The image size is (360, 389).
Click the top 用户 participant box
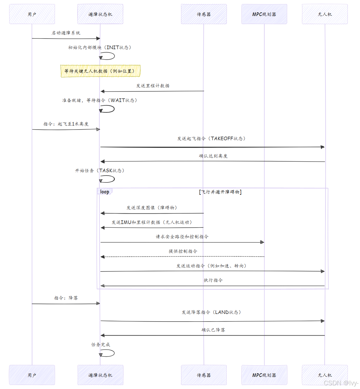32,14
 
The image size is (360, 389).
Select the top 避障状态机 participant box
100,14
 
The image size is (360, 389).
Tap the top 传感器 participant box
204,14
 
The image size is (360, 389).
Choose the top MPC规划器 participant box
264,14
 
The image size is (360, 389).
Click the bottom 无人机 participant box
325,375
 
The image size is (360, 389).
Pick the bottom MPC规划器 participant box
264,375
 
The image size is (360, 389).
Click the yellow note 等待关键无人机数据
100,71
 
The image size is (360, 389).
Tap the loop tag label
105,192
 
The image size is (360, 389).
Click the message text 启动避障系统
66,33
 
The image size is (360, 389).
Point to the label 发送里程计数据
153,86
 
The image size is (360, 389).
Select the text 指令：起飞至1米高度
66,124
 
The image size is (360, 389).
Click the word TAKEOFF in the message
222,139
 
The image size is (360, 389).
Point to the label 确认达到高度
213,156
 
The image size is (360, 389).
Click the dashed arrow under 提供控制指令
183,257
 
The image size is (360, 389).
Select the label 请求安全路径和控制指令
182,237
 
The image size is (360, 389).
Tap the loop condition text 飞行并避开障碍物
220,192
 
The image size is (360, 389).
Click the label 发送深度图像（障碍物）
152,208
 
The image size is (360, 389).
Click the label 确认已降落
213,330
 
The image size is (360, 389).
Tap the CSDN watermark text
341,383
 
